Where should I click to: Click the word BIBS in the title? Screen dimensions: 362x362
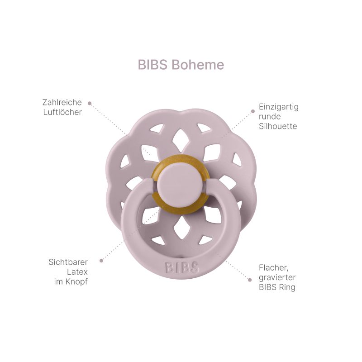152,65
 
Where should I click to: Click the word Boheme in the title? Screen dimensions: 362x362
198,65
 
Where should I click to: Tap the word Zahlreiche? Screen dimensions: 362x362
62,102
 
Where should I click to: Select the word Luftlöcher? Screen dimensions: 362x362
62,112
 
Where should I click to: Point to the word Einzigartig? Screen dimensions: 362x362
279,107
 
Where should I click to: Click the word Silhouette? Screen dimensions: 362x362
278,126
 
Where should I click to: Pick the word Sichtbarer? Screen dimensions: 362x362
68,262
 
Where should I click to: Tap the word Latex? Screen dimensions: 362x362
77,272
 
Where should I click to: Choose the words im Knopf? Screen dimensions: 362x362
71,282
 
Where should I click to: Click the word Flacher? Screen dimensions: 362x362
273,268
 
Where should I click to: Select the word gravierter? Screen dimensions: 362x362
277,277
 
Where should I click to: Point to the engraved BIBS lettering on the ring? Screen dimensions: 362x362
182,267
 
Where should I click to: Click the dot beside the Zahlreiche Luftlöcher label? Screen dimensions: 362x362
90,104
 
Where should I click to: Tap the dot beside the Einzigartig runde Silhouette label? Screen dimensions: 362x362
253,111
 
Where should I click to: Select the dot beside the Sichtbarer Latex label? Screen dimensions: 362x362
101,261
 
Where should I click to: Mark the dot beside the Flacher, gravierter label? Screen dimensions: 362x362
250,280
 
